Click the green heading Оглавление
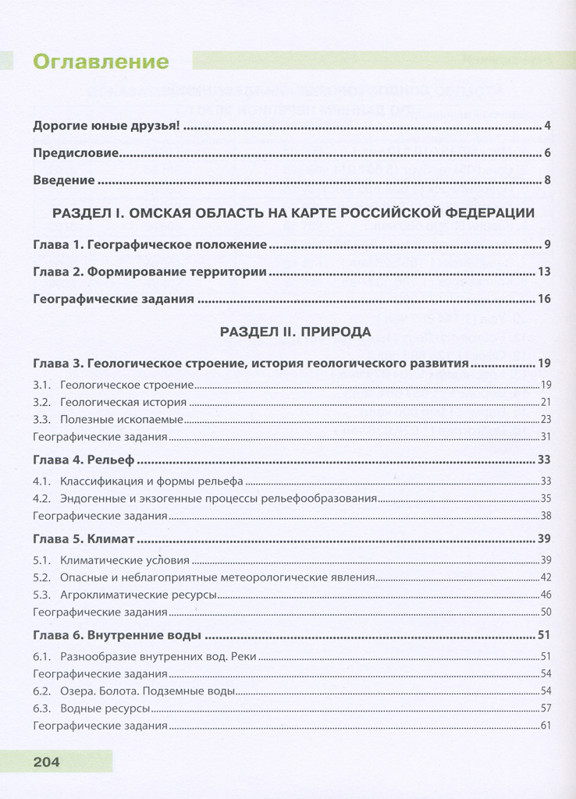[x=101, y=62]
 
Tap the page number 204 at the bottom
[x=48, y=762]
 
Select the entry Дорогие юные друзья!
[x=107, y=126]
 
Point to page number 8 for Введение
[x=548, y=181]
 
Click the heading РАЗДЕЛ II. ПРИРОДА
[x=295, y=332]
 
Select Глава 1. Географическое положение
[x=151, y=245]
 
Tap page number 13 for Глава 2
[x=545, y=272]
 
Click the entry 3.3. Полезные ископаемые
[x=108, y=419]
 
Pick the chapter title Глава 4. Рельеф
[x=84, y=459]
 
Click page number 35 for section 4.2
[x=546, y=498]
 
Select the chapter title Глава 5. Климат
[x=84, y=539]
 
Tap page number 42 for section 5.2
[x=546, y=577]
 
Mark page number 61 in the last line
[x=546, y=726]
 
